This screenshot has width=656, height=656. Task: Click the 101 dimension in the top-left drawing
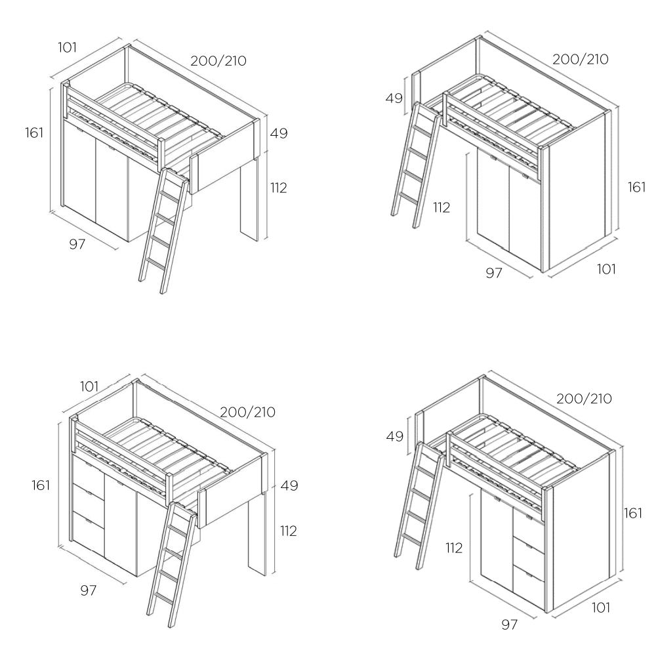click(68, 47)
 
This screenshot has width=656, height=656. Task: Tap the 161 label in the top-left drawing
click(34, 133)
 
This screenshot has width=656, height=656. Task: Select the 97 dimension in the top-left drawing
click(77, 244)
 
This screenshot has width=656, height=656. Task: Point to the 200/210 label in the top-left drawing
click(218, 60)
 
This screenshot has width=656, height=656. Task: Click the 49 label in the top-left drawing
click(279, 133)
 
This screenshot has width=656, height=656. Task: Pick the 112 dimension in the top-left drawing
click(279, 188)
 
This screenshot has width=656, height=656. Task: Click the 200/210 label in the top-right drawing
click(581, 59)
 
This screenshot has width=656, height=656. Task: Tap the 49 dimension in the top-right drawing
click(394, 98)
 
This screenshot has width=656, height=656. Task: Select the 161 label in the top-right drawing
click(637, 187)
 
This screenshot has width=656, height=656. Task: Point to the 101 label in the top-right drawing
click(606, 268)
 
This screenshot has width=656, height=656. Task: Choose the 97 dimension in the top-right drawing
click(494, 273)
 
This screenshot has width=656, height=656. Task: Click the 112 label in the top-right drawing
click(441, 207)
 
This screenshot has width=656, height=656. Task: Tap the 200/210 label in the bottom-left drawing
click(248, 412)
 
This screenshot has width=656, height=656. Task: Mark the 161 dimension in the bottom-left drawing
click(41, 485)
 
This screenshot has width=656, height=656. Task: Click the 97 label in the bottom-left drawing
click(89, 590)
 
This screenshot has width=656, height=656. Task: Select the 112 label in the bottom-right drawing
click(455, 548)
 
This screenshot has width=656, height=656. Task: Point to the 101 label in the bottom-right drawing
click(601, 607)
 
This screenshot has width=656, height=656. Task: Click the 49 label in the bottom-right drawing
click(394, 436)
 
